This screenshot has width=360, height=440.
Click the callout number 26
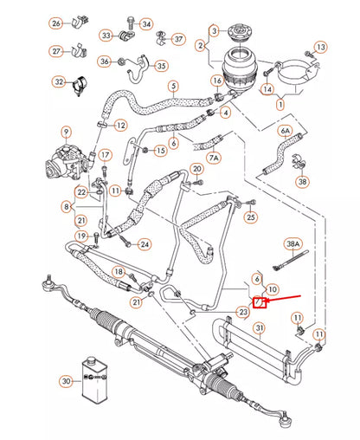80,23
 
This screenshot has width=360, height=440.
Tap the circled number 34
146,23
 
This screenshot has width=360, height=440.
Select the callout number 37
178,39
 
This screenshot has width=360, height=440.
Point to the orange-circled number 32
60,82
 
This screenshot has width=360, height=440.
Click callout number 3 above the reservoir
214,31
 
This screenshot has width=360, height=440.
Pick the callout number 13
320,47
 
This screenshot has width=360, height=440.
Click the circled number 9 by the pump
65,133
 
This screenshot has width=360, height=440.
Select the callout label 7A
214,159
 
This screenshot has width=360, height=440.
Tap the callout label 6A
285,131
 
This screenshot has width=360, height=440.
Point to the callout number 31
258,327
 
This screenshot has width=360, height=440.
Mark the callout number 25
250,216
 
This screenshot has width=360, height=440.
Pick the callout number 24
145,244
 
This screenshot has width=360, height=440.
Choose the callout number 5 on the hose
173,86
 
